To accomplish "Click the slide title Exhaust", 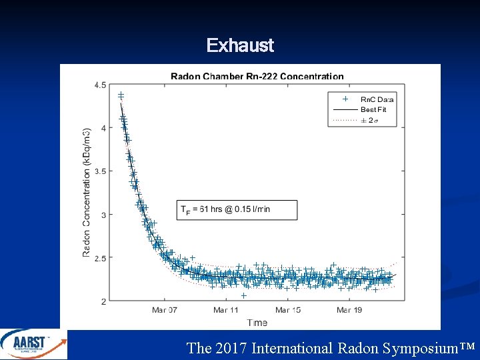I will click(x=240, y=45).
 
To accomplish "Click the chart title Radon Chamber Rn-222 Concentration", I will click(x=257, y=77).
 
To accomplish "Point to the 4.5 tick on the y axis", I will click(x=100, y=85).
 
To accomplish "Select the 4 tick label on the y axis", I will click(x=103, y=128).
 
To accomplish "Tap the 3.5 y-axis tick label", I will click(x=100, y=171).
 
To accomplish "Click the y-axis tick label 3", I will click(x=103, y=215).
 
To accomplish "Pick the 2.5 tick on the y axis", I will click(x=100, y=258).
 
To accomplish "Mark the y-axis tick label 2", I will click(x=103, y=301).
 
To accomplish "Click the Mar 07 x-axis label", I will click(x=165, y=310).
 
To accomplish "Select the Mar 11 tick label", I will click(x=226, y=310).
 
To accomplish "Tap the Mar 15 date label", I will click(x=287, y=310).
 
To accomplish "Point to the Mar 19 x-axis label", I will click(x=349, y=310).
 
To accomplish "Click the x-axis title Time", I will click(x=257, y=323).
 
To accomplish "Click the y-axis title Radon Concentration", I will click(x=87, y=193).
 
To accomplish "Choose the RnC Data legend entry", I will click(x=373, y=99).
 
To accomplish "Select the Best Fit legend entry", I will click(x=373, y=109).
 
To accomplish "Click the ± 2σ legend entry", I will click(x=368, y=120).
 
